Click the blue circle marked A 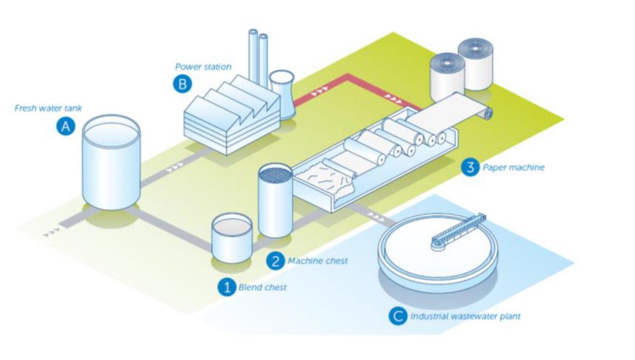[x=66, y=126]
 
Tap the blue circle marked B [x=182, y=84]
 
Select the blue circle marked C [x=398, y=316]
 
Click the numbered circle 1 [x=227, y=287]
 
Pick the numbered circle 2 [x=275, y=261]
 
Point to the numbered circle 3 [x=470, y=167]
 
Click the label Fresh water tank [x=48, y=108]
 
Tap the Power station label [x=203, y=67]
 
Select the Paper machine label [x=513, y=167]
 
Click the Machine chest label [x=317, y=261]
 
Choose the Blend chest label [x=262, y=287]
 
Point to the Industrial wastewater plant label [x=466, y=316]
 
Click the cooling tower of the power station [x=282, y=95]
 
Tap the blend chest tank [x=232, y=238]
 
